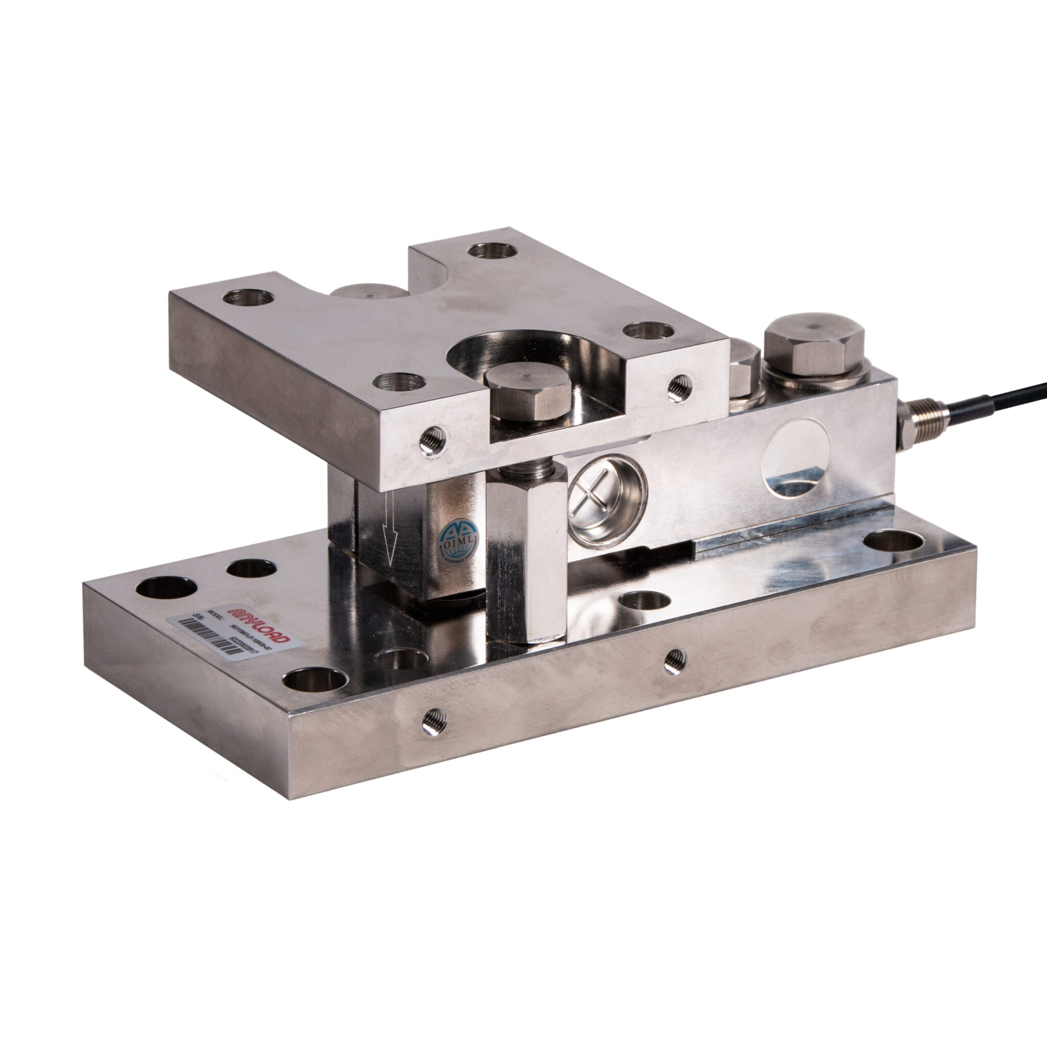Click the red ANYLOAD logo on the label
(x=260, y=623)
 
